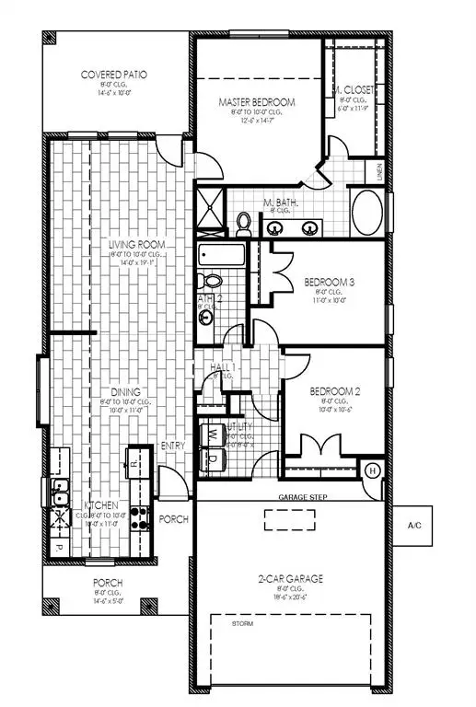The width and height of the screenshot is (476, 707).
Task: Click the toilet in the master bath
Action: [x=244, y=222]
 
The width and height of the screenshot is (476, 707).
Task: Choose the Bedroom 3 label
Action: [x=327, y=282]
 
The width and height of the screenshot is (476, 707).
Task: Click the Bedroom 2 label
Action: [x=328, y=390]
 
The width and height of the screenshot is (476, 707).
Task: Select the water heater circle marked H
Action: [x=373, y=470]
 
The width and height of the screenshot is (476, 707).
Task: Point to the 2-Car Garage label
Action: [x=291, y=579]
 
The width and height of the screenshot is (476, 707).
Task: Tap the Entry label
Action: [x=172, y=446]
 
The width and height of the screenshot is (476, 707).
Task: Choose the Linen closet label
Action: [x=379, y=172]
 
